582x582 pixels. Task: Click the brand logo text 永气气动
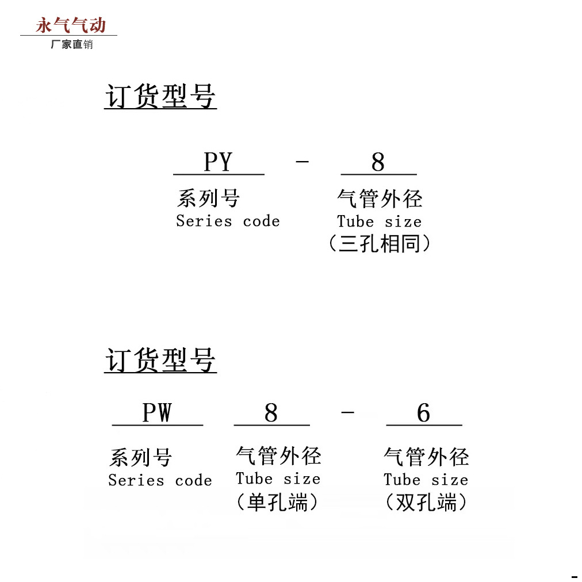point(71,25)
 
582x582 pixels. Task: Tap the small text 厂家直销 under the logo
point(71,44)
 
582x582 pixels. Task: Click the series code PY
point(218,162)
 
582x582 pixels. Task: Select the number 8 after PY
point(378,162)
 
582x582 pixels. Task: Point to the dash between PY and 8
point(302,162)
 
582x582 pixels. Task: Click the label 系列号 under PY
point(208,199)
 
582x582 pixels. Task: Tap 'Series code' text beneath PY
point(228,221)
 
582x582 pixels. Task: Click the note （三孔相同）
point(379,244)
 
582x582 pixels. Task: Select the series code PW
point(157,413)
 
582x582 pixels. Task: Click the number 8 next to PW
point(271,413)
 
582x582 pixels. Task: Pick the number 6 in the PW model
point(423,413)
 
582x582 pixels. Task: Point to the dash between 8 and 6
point(347,413)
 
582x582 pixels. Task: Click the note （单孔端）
point(277,503)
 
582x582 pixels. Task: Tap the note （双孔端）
point(426,503)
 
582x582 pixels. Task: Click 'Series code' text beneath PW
point(160,481)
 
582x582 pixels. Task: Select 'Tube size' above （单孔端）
point(278,479)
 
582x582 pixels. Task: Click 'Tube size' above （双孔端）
point(426,480)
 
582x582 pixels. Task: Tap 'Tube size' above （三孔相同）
point(379,222)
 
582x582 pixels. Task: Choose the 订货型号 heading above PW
point(160,361)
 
